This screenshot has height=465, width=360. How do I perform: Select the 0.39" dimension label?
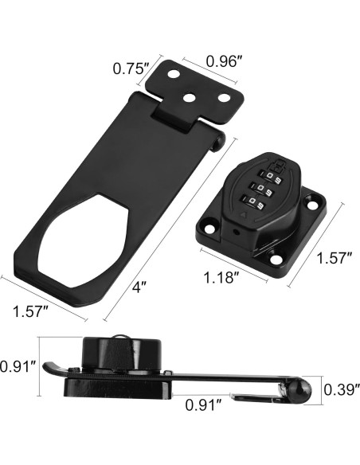click(x=341, y=389)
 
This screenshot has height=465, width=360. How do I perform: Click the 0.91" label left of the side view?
click(x=18, y=366)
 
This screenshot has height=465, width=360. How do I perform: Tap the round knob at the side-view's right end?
click(x=299, y=389)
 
